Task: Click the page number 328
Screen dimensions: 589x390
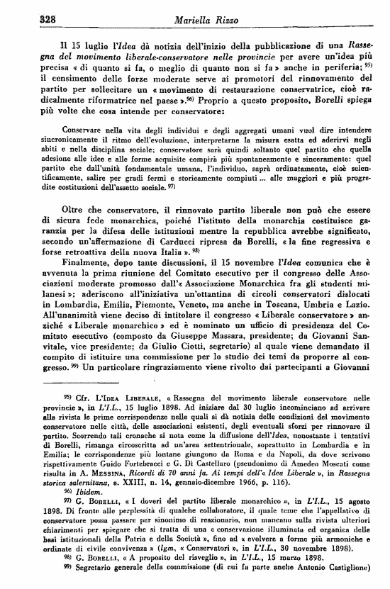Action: point(28,21)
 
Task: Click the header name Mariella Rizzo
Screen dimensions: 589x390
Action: point(196,21)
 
